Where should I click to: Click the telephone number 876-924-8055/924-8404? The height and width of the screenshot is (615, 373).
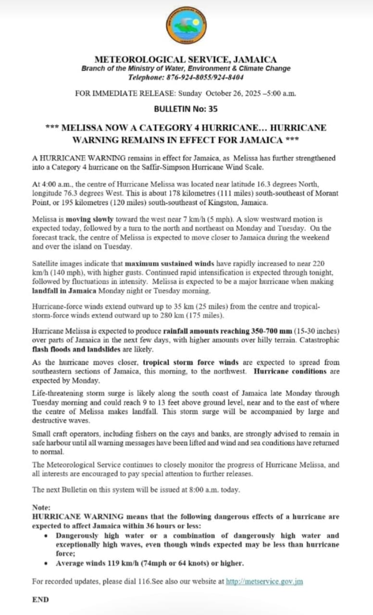205,77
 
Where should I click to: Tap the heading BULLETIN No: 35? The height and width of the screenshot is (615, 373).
186,109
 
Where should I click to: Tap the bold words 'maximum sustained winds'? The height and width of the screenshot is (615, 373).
163,263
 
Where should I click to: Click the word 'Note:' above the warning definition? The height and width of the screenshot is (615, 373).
41,507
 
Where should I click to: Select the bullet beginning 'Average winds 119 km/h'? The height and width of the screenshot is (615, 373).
149,563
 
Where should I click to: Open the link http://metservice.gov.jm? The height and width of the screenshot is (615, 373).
264,581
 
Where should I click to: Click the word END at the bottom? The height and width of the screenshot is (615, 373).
40,599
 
